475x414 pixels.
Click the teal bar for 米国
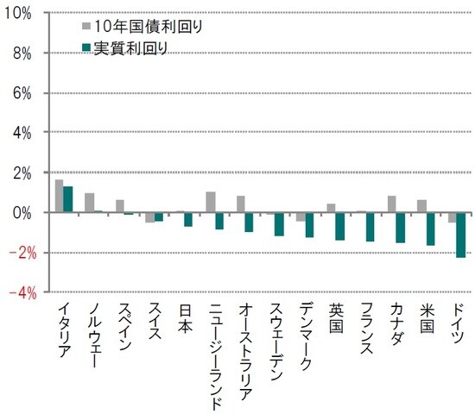431,229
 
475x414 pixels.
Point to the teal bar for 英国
340,226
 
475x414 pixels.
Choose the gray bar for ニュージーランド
210,202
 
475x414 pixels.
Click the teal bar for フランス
370,227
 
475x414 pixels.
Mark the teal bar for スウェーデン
279,224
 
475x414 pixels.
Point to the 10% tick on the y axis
18,14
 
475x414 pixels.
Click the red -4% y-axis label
18,292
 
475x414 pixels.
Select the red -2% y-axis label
18,253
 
